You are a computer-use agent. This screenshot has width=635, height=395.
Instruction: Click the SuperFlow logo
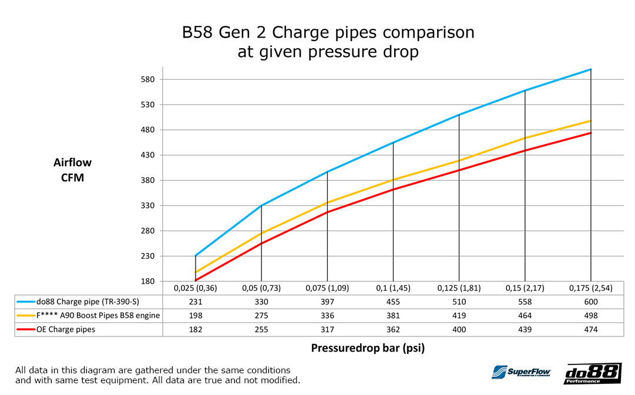(x=521, y=372)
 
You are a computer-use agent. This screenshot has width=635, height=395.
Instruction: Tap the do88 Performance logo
(x=592, y=373)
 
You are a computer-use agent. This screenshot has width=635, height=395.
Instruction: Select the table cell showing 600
(x=591, y=302)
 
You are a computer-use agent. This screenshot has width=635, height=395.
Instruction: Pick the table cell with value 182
(x=196, y=329)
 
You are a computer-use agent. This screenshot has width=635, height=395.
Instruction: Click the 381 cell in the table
(x=393, y=316)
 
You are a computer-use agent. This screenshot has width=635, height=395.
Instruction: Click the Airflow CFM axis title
(x=73, y=170)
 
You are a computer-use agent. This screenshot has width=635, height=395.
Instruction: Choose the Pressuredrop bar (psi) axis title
(x=368, y=347)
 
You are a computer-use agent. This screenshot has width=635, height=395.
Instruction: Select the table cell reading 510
(x=459, y=302)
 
